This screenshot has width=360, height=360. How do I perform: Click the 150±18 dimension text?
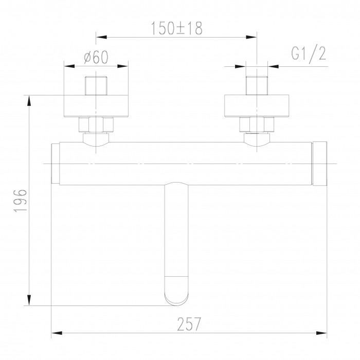click(x=177, y=28)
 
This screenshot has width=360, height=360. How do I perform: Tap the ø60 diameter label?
click(x=96, y=57)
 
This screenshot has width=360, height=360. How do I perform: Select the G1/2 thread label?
click(x=309, y=54)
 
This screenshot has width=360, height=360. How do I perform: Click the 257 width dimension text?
click(x=189, y=324)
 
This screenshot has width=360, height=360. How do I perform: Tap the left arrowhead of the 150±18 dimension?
click(x=101, y=37)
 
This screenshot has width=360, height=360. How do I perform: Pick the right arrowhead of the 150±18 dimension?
click(x=251, y=37)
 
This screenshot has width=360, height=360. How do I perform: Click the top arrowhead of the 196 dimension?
click(x=29, y=101)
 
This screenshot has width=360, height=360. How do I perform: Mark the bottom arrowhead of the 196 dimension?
click(x=29, y=300)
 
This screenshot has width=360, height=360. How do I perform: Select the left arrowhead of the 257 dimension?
click(x=57, y=333)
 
